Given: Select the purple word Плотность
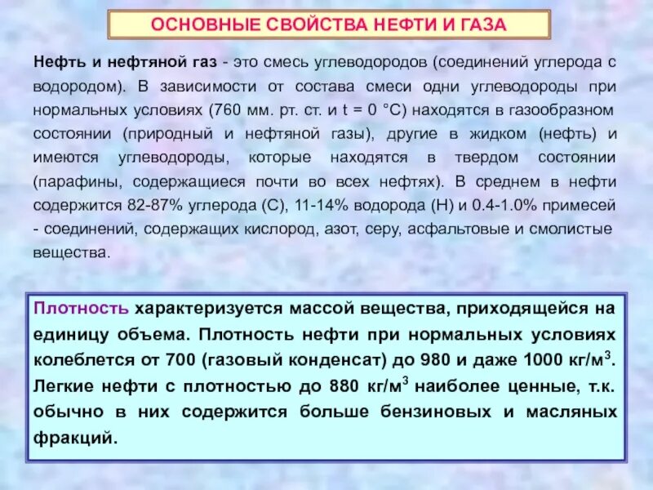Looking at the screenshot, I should [81, 310].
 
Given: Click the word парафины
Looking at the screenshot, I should [69, 180].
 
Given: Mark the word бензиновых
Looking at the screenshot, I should [414, 412].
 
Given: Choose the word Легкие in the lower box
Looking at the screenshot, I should [63, 386].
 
